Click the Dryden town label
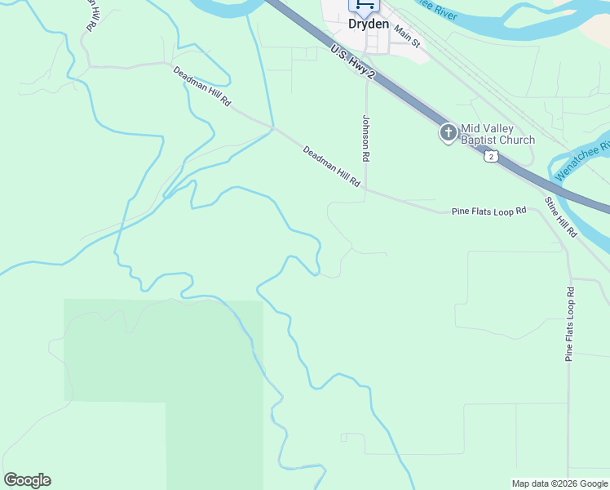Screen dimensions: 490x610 (x=369, y=24)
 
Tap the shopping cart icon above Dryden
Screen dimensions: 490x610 (x=365, y=5)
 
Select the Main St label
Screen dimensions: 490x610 (x=406, y=33)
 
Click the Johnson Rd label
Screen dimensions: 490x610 (x=366, y=136)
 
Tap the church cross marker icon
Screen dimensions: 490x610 (x=448, y=133)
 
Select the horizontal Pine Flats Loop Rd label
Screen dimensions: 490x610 (x=489, y=212)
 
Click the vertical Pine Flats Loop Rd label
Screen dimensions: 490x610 (x=570, y=323)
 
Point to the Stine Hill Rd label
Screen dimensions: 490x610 (x=561, y=216)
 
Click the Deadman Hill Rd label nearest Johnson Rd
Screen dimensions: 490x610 (x=332, y=167)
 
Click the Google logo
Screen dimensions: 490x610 (x=27, y=480)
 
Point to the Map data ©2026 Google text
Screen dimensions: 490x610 (x=559, y=483)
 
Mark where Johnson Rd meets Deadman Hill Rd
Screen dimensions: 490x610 (x=366, y=189)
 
